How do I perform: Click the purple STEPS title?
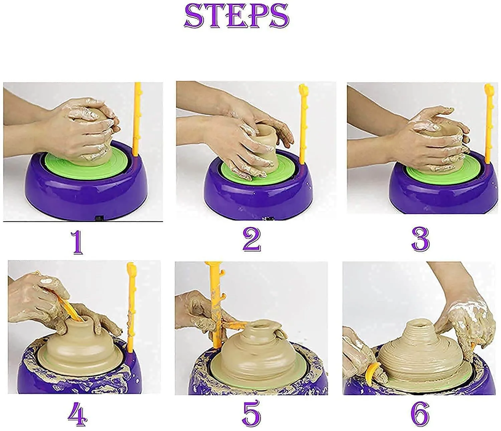[236, 16]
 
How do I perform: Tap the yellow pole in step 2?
[303, 127]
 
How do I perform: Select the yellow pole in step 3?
[488, 127]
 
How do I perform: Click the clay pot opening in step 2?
[266, 129]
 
